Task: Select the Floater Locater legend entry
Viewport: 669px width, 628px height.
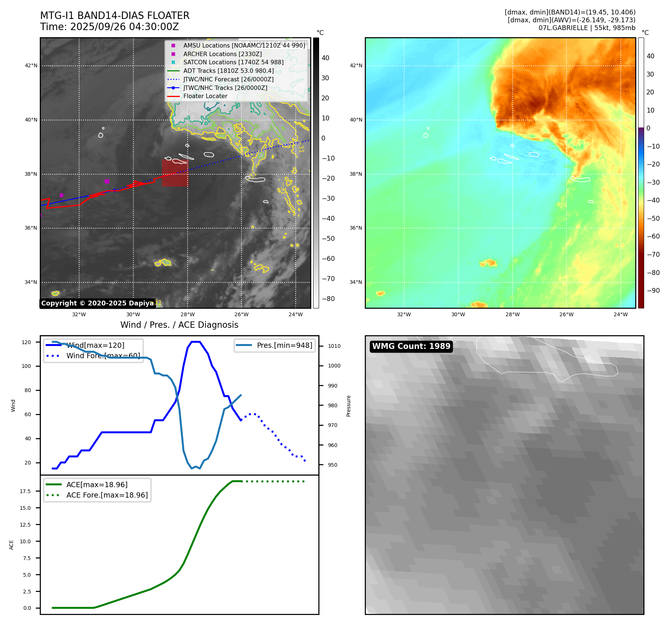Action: pos(205,96)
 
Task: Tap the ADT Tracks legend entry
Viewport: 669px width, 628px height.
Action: pos(228,71)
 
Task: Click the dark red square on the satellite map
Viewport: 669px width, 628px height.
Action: pos(175,173)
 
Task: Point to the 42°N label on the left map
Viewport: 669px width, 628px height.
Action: pos(31,65)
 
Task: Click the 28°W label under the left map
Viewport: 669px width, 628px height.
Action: pos(188,314)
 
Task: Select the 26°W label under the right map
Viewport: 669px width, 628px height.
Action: pos(566,314)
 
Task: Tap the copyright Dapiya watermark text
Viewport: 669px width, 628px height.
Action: pos(97,303)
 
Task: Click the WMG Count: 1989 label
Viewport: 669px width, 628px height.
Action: pos(411,346)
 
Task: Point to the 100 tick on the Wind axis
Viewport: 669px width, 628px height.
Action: pos(26,366)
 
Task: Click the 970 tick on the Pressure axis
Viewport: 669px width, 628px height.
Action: pos(332,425)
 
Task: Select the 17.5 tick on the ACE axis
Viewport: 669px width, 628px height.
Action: pos(25,491)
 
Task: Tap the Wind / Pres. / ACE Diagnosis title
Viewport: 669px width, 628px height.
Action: pos(179,325)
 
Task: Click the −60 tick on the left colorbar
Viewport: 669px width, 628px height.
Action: pos(328,259)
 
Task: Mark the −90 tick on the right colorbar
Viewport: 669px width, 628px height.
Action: pos(653,291)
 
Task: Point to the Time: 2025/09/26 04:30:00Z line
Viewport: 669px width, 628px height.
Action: pos(110,27)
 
